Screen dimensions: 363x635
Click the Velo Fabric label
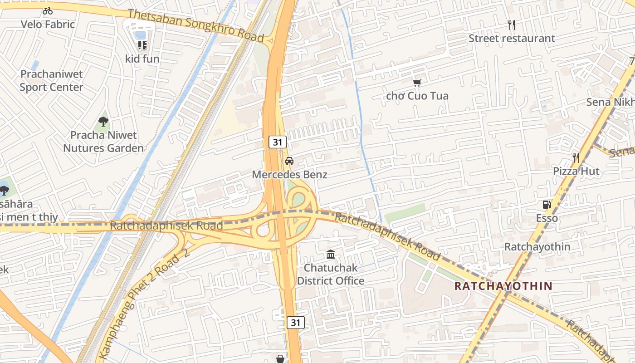pyautogui.click(x=48, y=25)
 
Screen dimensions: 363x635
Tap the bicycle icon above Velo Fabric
pyautogui.click(x=48, y=11)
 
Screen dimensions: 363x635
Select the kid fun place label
pyautogui.click(x=142, y=59)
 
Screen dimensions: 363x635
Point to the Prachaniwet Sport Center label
pyautogui.click(x=51, y=80)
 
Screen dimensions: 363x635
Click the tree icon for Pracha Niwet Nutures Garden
pyautogui.click(x=103, y=122)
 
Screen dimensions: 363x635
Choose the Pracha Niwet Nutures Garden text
pyautogui.click(x=103, y=142)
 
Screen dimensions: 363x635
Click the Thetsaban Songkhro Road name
pyautogui.click(x=196, y=26)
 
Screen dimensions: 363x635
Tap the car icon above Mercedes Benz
pyautogui.click(x=289, y=161)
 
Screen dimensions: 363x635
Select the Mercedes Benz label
pyautogui.click(x=289, y=175)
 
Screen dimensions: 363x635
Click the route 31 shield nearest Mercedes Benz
pyautogui.click(x=278, y=142)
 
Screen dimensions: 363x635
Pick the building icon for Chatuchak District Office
pyautogui.click(x=331, y=255)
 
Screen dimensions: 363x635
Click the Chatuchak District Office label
pyautogui.click(x=331, y=274)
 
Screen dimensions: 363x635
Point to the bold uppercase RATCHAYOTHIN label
pyautogui.click(x=503, y=286)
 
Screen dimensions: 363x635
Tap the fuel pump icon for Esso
pyautogui.click(x=547, y=205)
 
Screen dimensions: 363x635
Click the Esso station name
pyautogui.click(x=547, y=218)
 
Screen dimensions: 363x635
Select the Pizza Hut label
pyautogui.click(x=576, y=171)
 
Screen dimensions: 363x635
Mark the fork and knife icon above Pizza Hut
pyautogui.click(x=576, y=158)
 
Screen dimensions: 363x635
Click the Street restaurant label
pyautogui.click(x=512, y=39)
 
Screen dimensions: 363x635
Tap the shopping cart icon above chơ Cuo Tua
pyautogui.click(x=417, y=83)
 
